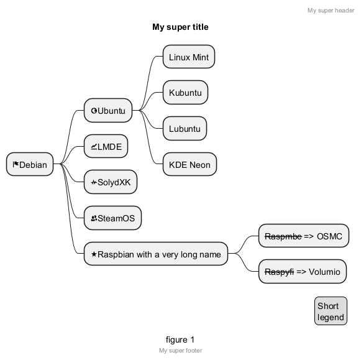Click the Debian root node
pyautogui.click(x=30, y=164)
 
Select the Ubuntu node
pyautogui.click(x=108, y=110)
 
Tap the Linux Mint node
pyautogui.click(x=189, y=57)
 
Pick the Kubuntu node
pyautogui.click(x=185, y=93)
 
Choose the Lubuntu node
pyautogui.click(x=185, y=128)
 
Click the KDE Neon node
pyautogui.click(x=190, y=164)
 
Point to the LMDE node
pyautogui.click(x=106, y=146)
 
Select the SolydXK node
pyautogui.click(x=111, y=182)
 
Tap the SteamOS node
pyautogui.click(x=112, y=218)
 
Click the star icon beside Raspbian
pyautogui.click(x=94, y=254)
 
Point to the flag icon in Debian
pyautogui.click(x=16, y=164)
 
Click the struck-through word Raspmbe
pyautogui.click(x=283, y=236)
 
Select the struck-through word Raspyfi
pyautogui.click(x=279, y=272)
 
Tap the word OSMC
pyautogui.click(x=329, y=236)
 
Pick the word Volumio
pyautogui.click(x=324, y=272)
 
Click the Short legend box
pyautogui.click(x=331, y=311)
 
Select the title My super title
pyautogui.click(x=180, y=27)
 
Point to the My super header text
pyautogui.click(x=331, y=11)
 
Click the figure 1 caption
pyautogui.click(x=180, y=339)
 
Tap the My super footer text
pyautogui.click(x=180, y=351)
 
